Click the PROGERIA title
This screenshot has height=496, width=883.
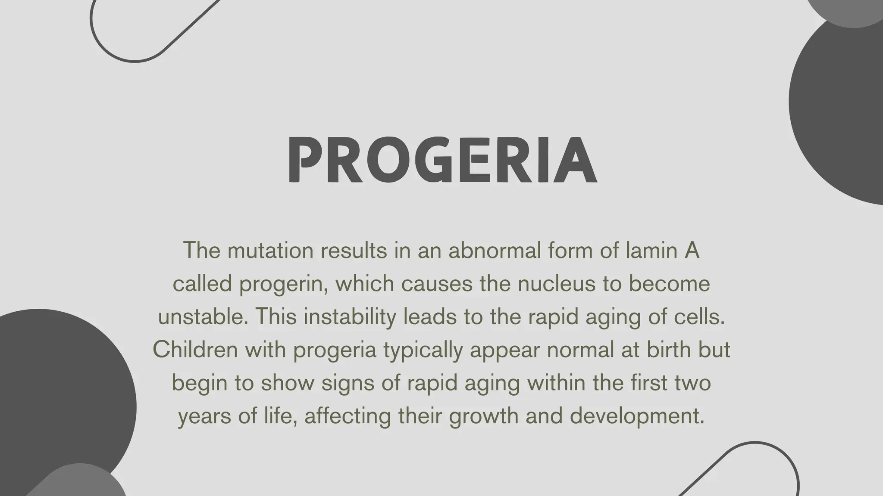tap(442, 160)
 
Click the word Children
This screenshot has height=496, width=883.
tap(195, 350)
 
